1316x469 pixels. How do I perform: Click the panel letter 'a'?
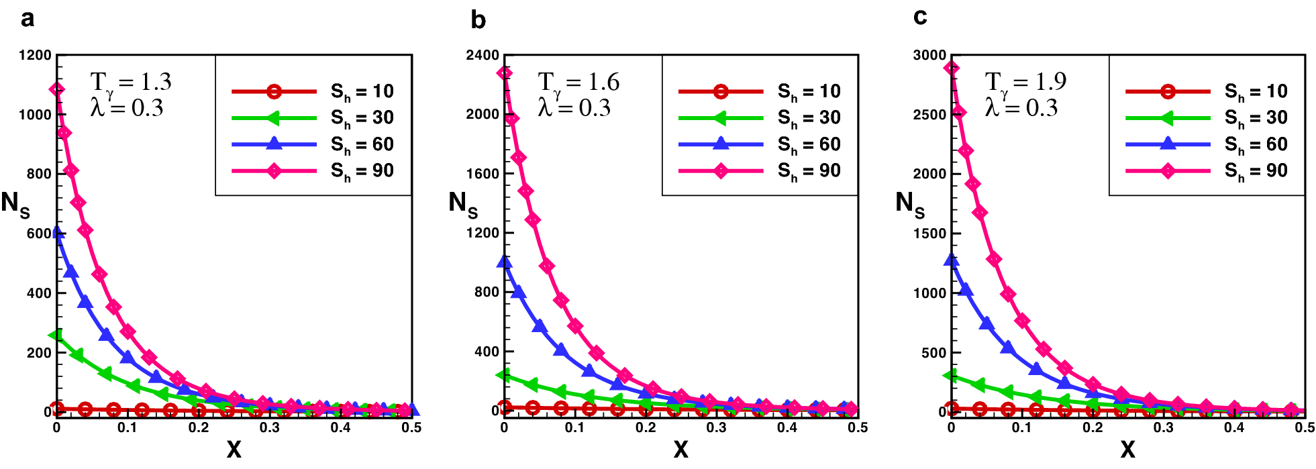coord(27,19)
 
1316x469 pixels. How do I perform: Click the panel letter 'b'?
coord(478,20)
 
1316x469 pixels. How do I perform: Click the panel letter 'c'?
coord(920,17)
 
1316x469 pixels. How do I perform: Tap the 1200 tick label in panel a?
coord(35,55)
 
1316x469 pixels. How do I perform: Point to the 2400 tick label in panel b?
coord(483,55)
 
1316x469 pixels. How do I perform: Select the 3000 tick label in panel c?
coord(929,55)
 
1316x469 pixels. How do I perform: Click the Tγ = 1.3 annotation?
coord(131,83)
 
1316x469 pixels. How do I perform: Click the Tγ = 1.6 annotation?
coord(578,83)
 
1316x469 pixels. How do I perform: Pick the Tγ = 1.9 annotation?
coord(1025,83)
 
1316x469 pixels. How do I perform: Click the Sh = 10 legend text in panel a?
coord(362,92)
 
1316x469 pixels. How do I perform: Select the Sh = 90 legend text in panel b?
coord(809,171)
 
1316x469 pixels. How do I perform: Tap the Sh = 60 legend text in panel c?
coord(1256,145)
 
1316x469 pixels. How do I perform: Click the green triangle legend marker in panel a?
coord(273,118)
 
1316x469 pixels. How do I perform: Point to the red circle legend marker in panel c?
coord(1168,91)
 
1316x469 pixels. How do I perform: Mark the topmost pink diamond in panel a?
coord(58,89)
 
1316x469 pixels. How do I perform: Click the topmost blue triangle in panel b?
coord(505,262)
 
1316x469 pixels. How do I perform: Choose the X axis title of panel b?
coord(680,449)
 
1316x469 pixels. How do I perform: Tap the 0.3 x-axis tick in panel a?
coord(269,428)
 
